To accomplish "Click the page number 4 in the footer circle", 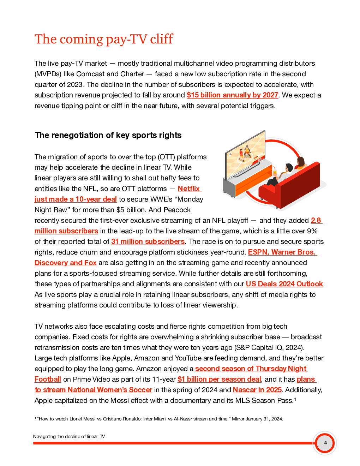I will click(x=325, y=443).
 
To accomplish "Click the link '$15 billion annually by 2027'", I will click(x=232, y=95).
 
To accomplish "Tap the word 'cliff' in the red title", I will click(x=161, y=39).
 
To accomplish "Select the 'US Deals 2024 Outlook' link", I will click(x=284, y=284).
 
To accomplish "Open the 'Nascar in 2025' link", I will click(x=257, y=390).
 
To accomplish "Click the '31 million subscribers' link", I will click(x=148, y=241).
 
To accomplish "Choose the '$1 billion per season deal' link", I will click(x=219, y=379).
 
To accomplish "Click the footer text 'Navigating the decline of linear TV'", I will click(x=69, y=436).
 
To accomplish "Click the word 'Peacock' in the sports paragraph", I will click(x=177, y=210).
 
